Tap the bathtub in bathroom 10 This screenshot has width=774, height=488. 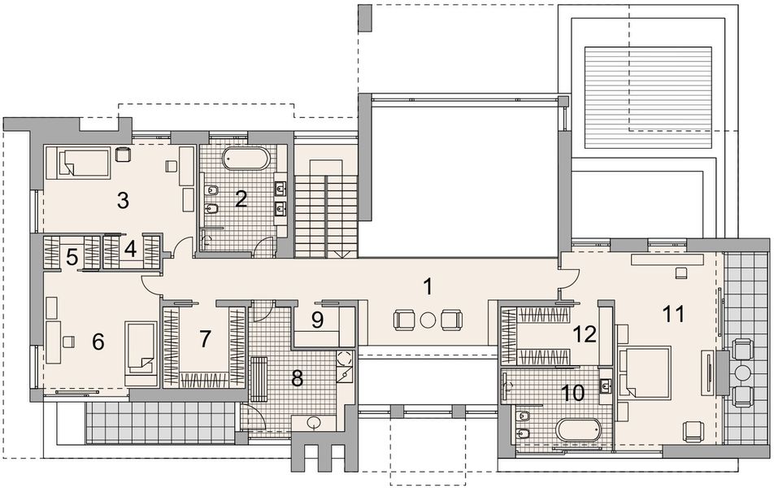click(x=578, y=428)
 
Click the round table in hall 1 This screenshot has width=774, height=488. click(x=428, y=320)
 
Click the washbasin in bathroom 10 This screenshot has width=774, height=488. click(x=607, y=384)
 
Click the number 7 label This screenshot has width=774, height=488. click(x=204, y=338)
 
